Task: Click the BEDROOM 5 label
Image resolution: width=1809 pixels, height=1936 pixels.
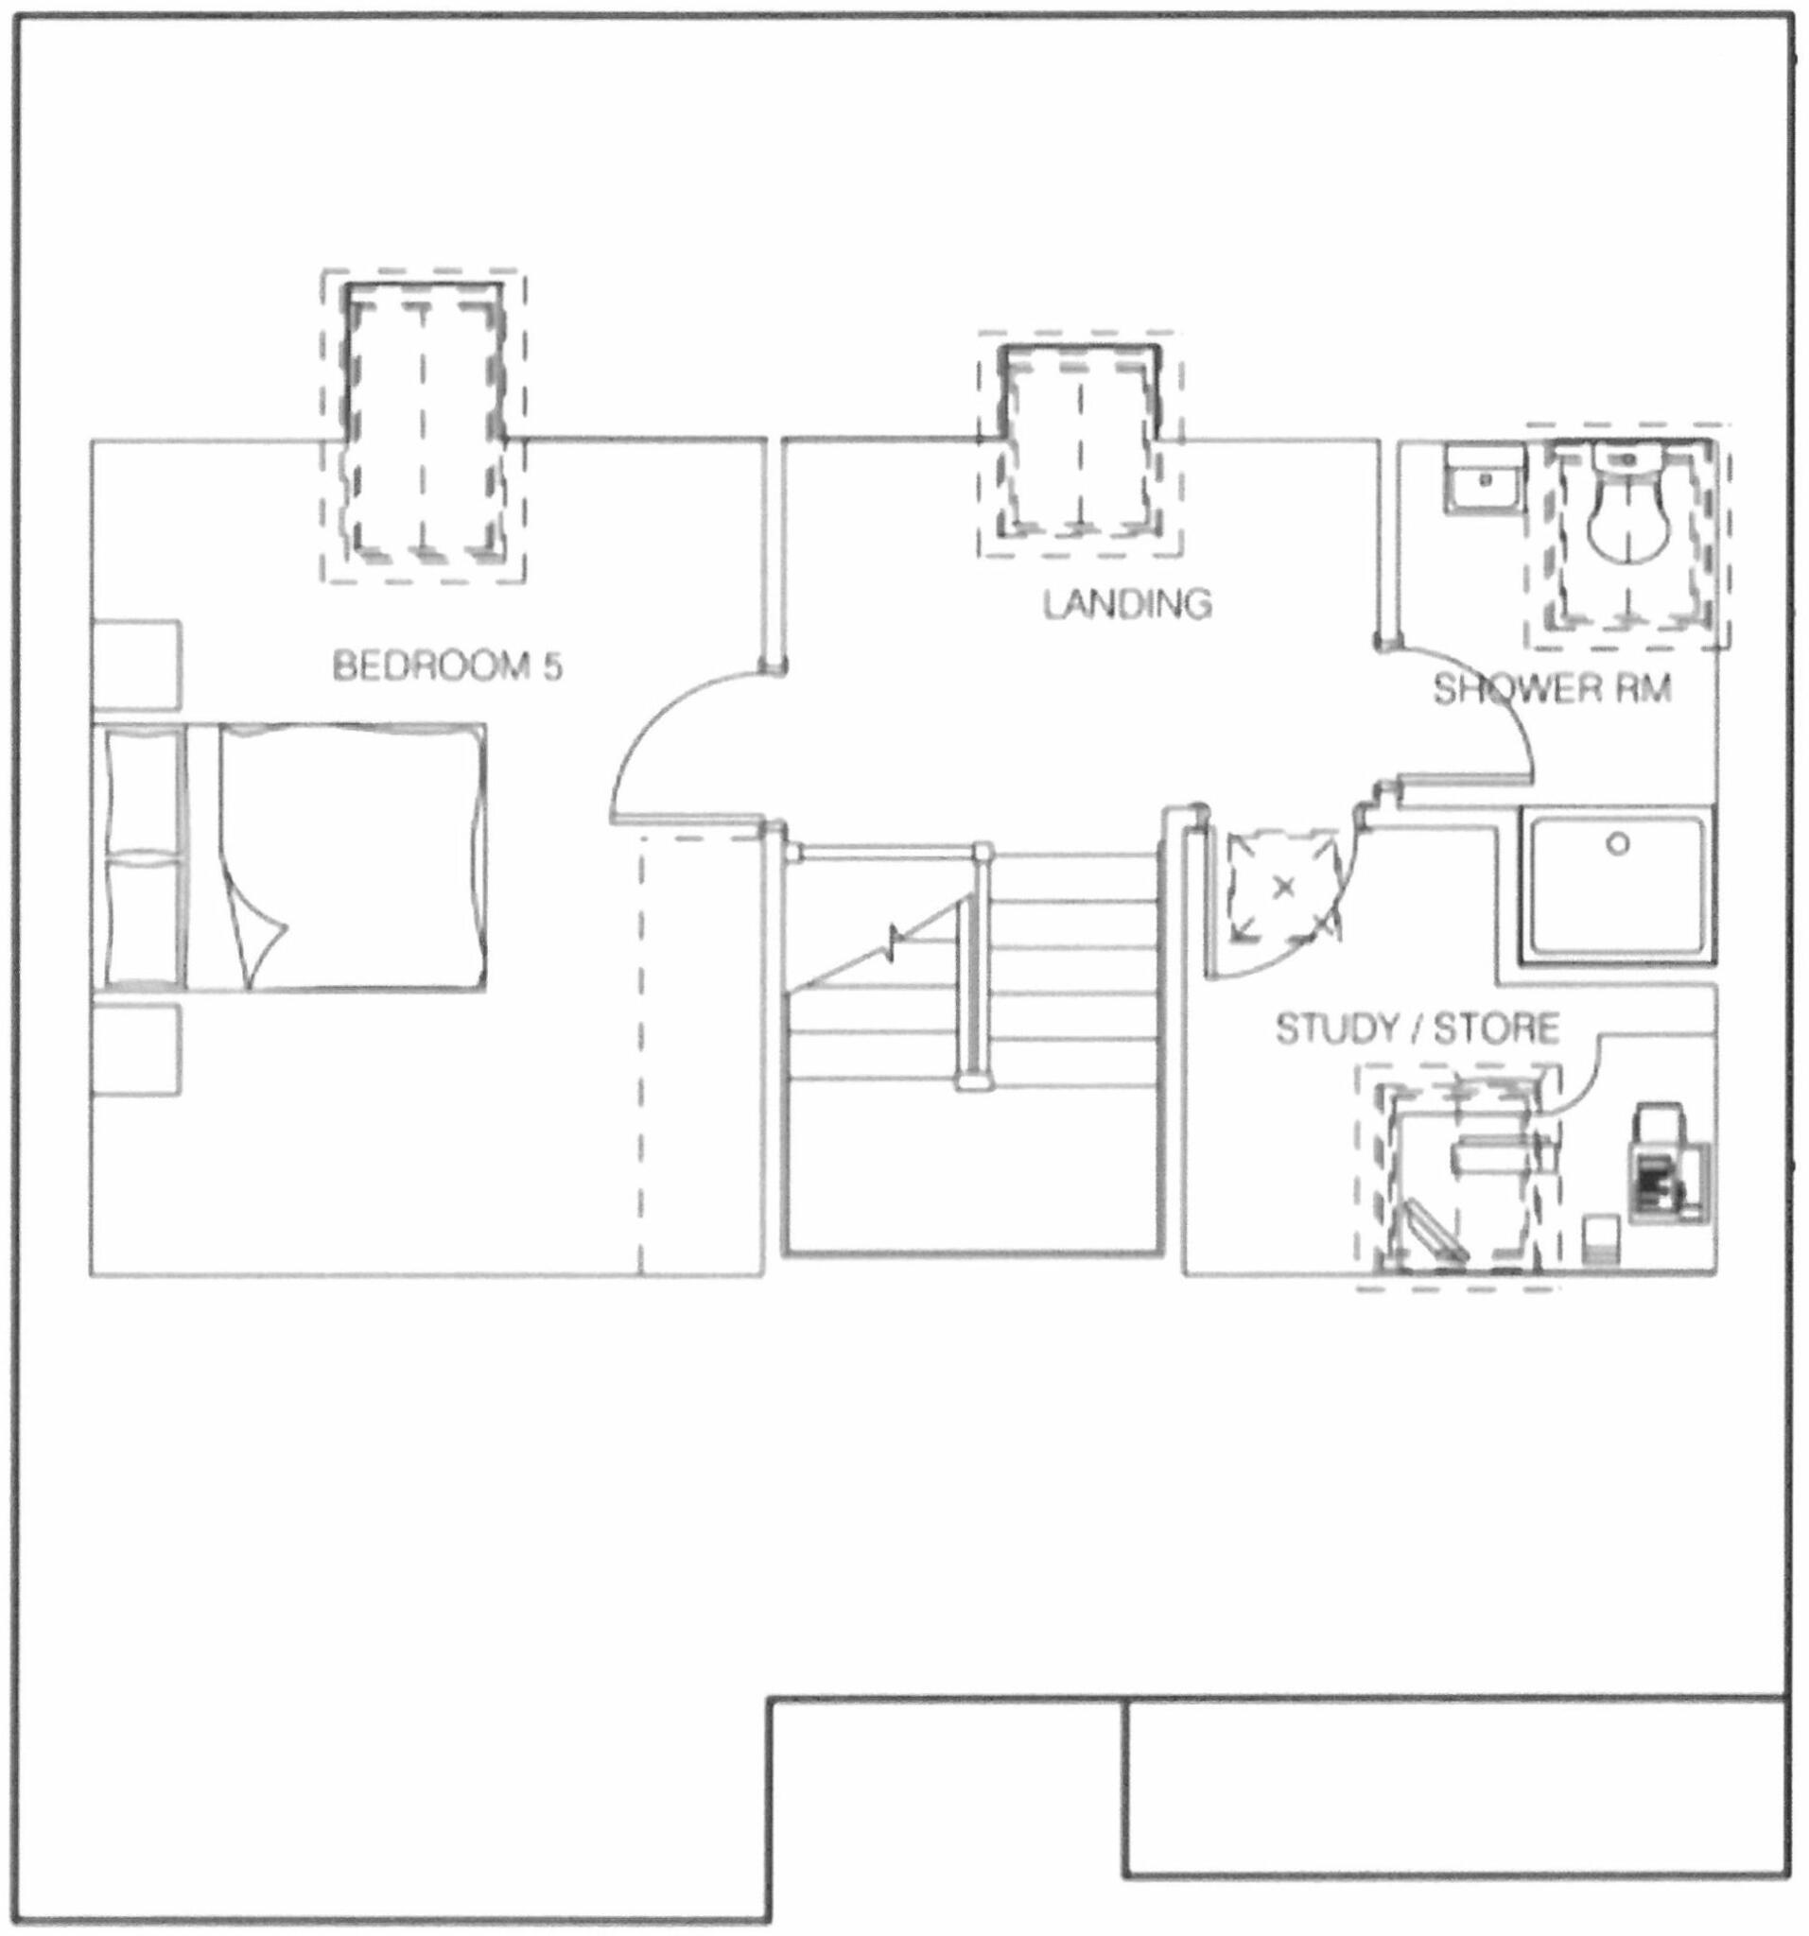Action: tap(447, 666)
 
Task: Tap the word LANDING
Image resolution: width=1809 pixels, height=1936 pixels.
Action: tap(1127, 604)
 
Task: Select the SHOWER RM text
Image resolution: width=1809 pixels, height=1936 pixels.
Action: tap(1551, 689)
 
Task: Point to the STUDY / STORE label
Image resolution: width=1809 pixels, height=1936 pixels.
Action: tap(1418, 1028)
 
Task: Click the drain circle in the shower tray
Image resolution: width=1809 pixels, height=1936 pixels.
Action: tap(1618, 843)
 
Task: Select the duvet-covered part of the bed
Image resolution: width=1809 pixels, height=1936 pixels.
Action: tap(351, 857)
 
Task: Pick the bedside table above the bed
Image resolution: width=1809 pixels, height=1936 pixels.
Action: tap(136, 665)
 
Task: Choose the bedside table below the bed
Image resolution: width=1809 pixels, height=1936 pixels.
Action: tap(136, 1050)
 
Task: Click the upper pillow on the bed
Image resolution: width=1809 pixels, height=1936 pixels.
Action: tap(144, 789)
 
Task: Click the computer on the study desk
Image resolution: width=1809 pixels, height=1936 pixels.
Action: tap(1657, 1164)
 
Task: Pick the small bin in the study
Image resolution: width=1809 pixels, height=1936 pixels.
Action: tap(1601, 1241)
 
